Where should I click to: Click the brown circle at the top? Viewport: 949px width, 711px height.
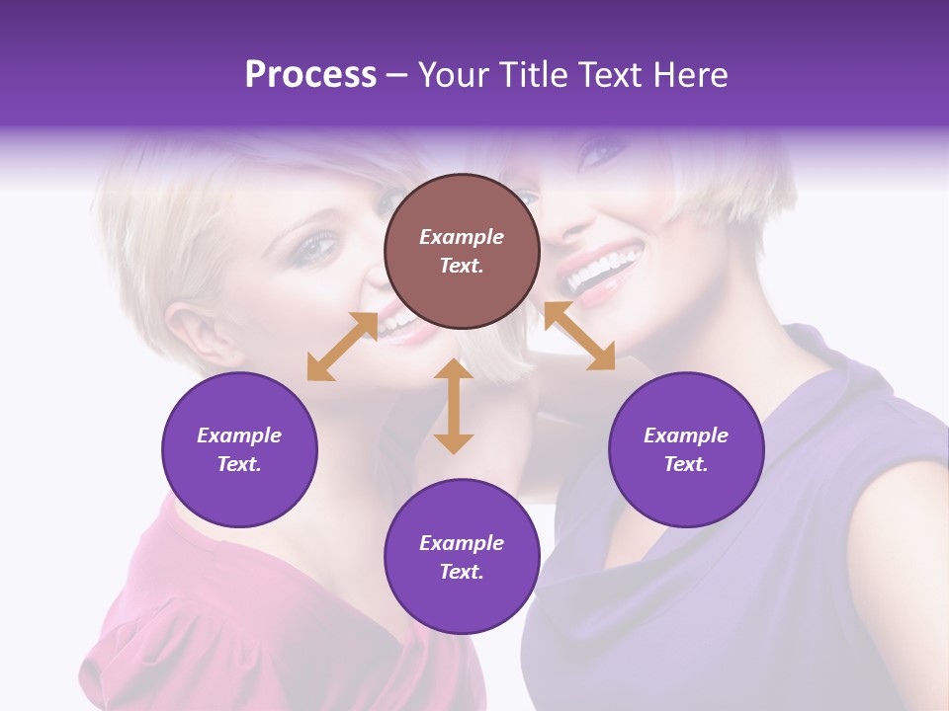(x=462, y=252)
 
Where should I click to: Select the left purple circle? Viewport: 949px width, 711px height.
(x=239, y=449)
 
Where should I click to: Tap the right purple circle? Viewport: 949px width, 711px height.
(x=686, y=449)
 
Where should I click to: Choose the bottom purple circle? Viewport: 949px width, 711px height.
(x=462, y=557)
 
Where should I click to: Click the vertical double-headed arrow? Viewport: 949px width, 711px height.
(x=454, y=406)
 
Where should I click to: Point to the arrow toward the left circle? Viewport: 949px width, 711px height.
(x=342, y=347)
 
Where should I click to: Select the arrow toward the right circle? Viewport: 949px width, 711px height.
(x=578, y=336)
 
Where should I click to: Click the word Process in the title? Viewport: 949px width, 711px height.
(x=310, y=75)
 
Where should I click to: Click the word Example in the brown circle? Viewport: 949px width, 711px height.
(x=462, y=237)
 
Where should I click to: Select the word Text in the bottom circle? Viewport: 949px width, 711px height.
(x=462, y=572)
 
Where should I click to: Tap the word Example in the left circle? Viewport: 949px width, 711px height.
(x=239, y=435)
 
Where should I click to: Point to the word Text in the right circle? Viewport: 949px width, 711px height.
(x=686, y=464)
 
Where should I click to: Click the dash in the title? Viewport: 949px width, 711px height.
(x=397, y=76)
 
